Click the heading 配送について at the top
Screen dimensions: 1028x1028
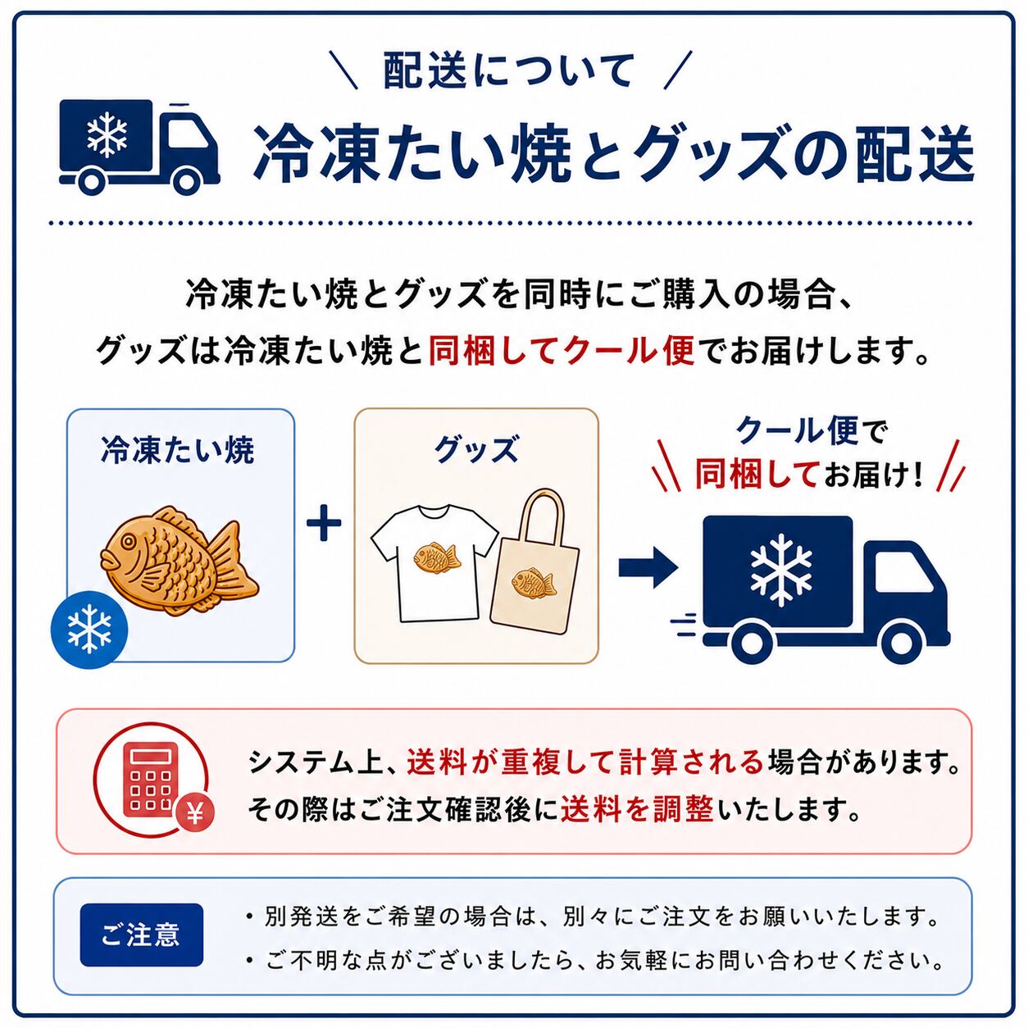click(508, 71)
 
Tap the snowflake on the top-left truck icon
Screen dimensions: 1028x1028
click(107, 134)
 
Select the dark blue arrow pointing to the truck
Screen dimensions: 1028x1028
click(648, 568)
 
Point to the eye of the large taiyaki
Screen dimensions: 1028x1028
click(129, 542)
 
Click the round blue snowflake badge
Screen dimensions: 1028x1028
click(89, 629)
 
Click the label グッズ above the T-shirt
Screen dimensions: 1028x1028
click(475, 450)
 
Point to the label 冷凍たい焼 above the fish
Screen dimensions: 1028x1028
click(178, 450)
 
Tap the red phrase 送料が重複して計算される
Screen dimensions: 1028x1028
click(585, 762)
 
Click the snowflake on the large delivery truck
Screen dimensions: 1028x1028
click(781, 569)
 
